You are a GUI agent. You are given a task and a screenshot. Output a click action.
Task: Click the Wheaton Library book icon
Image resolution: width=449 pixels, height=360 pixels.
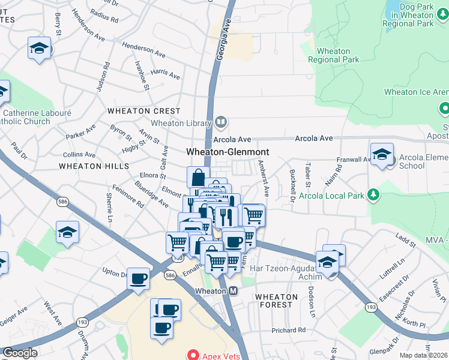pos(221,123)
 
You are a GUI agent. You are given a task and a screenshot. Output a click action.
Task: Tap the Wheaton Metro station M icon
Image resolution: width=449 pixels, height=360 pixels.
pos(234,291)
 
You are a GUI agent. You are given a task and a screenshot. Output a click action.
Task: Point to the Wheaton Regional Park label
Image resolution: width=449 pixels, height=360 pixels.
pos(334,55)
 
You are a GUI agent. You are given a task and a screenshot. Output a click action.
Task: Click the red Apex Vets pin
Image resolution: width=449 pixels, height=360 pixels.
pos(193,355)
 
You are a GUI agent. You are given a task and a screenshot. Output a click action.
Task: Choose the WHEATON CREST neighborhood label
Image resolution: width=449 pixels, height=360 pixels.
pos(143,111)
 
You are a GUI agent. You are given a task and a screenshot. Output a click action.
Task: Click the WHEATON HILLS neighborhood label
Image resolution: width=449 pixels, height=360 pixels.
pos(94,166)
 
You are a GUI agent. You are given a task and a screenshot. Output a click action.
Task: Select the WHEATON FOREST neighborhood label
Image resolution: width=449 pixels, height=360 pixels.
pos(276,301)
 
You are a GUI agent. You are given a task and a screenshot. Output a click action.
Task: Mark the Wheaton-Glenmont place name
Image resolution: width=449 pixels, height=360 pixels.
pos(227,152)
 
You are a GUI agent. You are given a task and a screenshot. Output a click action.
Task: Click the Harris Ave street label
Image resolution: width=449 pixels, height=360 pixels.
pos(166,74)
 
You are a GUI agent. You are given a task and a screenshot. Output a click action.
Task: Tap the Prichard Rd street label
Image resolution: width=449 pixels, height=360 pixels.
pos(288,330)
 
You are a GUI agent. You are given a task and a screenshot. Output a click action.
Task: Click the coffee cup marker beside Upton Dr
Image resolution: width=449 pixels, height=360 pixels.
pos(139,278)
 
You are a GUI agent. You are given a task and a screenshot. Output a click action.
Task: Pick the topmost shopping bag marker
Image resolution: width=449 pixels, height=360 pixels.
pos(198,177)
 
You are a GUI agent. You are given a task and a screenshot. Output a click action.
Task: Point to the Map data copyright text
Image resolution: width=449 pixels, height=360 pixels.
pos(424,355)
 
